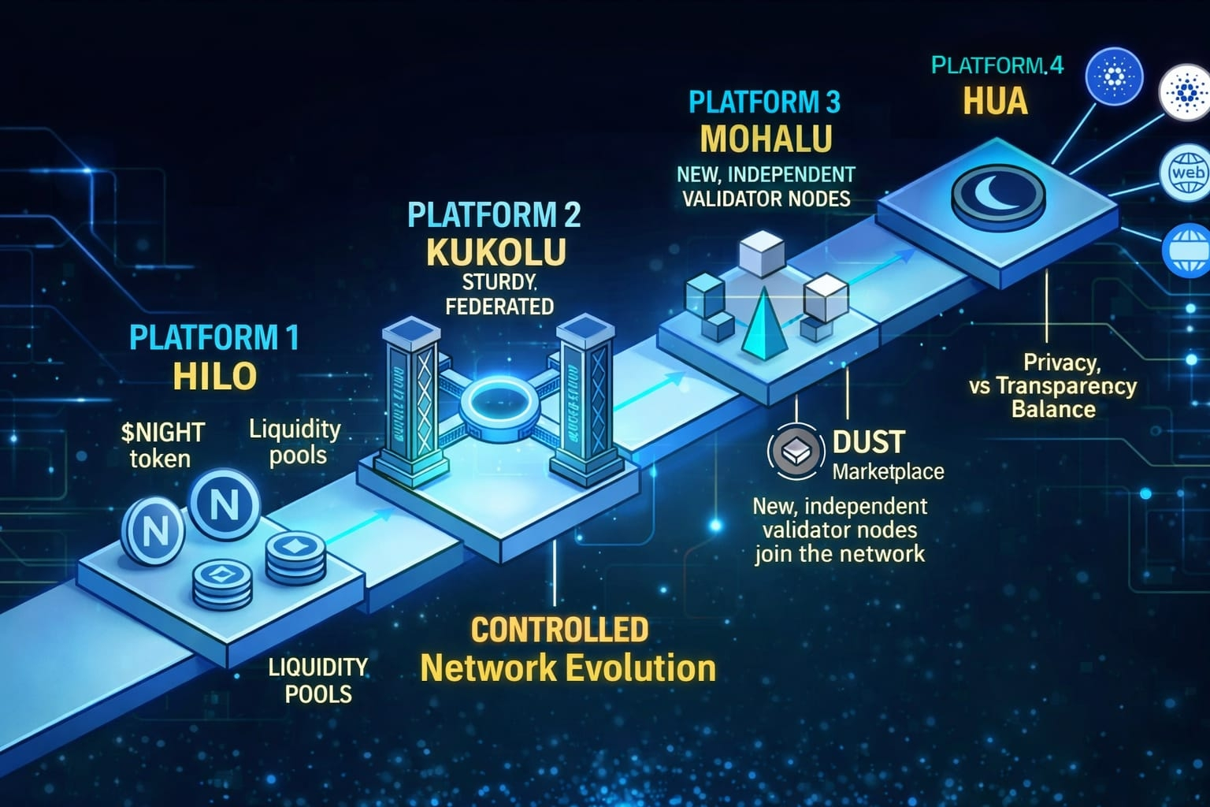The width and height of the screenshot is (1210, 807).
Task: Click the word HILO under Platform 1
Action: pos(214,376)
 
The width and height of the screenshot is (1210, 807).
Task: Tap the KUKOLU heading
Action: pos(496,252)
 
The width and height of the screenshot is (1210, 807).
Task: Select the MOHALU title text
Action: pos(766,139)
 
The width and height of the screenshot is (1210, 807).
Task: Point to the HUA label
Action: pos(996,102)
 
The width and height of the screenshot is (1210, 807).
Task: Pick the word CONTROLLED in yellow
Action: pos(559,630)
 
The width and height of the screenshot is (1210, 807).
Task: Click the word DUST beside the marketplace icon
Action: pos(869,443)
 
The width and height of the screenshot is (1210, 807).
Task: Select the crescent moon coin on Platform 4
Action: pos(998,192)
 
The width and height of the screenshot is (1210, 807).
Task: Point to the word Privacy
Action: pos(1061,363)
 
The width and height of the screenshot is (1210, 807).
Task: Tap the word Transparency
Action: pos(1066,386)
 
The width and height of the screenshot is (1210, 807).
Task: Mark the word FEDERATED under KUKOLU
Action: pos(499,307)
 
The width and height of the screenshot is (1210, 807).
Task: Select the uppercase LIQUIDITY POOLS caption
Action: pos(318,680)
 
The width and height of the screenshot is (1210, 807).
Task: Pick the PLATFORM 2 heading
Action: pos(494,215)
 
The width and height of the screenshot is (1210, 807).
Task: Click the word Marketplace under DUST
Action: pos(888,472)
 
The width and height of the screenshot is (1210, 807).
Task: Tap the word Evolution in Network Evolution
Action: pos(640,668)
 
